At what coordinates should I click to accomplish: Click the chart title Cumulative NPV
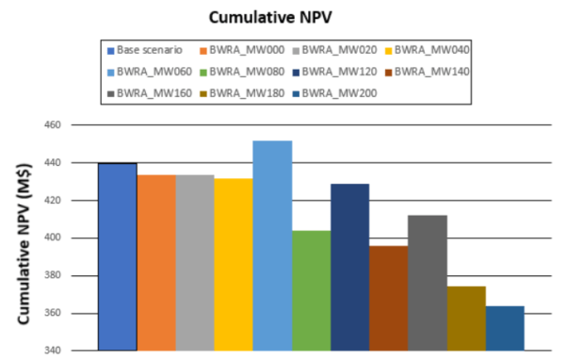(282, 17)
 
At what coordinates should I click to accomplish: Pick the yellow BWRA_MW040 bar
(234, 264)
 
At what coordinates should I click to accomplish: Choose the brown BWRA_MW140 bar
(388, 298)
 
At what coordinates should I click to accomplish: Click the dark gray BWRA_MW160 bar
(427, 283)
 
